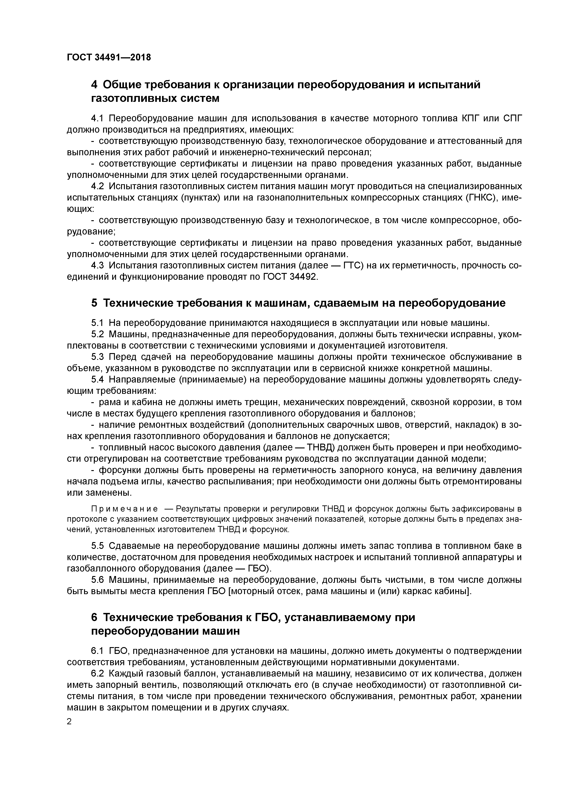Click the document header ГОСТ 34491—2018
pos(109,57)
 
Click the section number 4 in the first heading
pos(94,84)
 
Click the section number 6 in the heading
pos(94,617)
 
